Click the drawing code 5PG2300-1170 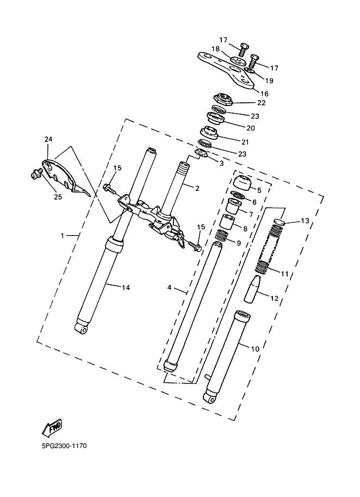(64, 446)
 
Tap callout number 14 (126, 288)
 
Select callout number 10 (255, 349)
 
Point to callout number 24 (48, 139)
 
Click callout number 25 (58, 197)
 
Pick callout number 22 (262, 103)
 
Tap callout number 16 (264, 94)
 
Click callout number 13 (305, 220)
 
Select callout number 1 (63, 235)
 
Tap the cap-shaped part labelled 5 (242, 182)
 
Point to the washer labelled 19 (250, 74)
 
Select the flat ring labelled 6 (238, 195)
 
